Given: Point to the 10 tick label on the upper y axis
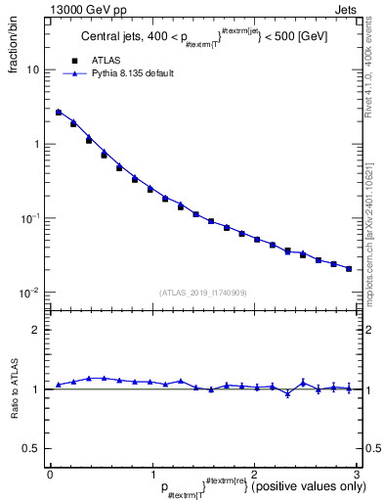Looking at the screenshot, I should point(32,70).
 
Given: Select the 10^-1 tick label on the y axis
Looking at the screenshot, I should point(29,218).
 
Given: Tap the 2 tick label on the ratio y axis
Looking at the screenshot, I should point(35,330).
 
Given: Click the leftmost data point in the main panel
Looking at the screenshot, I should point(58,113).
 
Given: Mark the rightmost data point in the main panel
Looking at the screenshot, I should point(349,268).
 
